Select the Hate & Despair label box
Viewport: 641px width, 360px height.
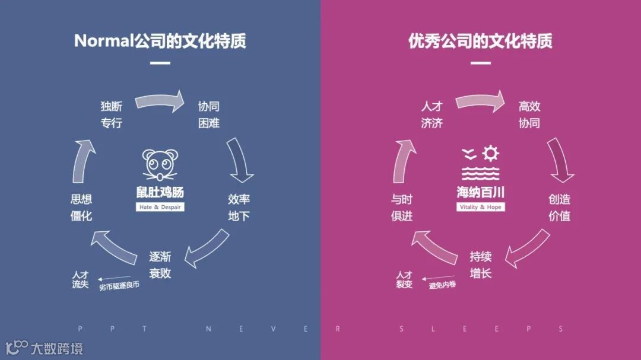coord(160,207)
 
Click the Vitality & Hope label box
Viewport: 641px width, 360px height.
coord(480,207)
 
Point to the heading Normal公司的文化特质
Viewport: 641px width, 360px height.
coord(160,41)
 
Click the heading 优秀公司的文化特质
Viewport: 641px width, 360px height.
coord(480,41)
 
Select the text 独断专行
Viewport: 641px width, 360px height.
coord(112,115)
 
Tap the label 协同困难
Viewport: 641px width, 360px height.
coord(209,115)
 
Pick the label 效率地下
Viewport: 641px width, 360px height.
coord(239,208)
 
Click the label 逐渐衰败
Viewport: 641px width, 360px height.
coord(160,265)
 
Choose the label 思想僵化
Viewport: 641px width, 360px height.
coord(81,208)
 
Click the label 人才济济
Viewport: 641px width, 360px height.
coord(432,115)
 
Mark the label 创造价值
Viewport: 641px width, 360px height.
coord(559,208)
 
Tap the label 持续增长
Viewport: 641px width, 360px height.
coord(481,265)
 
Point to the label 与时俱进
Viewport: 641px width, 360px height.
coord(402,208)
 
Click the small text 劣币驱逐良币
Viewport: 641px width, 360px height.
coord(119,286)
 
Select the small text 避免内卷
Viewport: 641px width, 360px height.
coord(442,285)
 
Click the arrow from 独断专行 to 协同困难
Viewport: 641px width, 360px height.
coord(160,101)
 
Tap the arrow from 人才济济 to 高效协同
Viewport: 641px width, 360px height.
coord(480,101)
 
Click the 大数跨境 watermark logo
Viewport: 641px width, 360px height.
coord(44,348)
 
